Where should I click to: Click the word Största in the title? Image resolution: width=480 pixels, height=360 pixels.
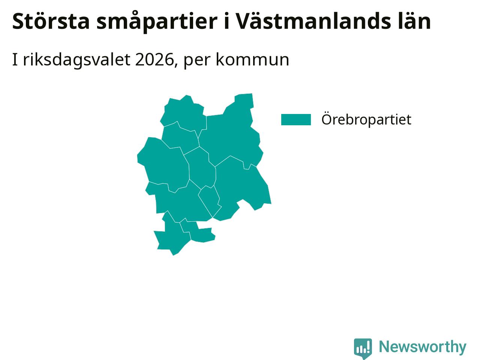click(51, 21)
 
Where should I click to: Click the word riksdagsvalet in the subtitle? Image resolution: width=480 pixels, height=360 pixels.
click(77, 60)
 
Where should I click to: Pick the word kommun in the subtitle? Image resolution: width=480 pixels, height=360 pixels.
click(252, 60)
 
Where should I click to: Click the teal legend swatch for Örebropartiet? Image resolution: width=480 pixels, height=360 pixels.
click(296, 120)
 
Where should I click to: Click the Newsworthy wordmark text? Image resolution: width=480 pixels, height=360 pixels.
click(423, 346)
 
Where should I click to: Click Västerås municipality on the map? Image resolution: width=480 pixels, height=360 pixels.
click(240, 188)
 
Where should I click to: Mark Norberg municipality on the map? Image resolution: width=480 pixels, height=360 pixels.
click(184, 114)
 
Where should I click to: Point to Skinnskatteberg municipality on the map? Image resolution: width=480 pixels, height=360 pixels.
click(164, 164)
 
